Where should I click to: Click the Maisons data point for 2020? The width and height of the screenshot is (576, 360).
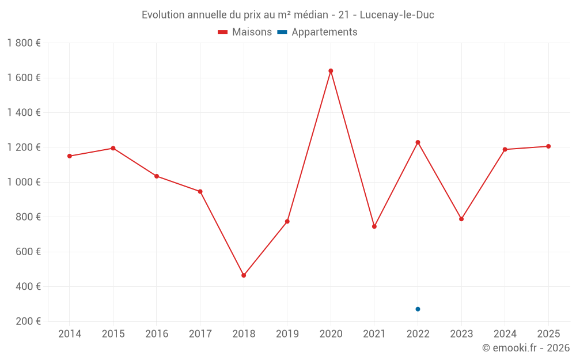[x=331, y=71]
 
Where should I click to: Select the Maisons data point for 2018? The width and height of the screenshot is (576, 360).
[x=244, y=275]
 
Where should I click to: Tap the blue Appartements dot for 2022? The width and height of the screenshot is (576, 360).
[x=418, y=309]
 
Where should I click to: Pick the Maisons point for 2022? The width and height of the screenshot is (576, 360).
[x=418, y=142]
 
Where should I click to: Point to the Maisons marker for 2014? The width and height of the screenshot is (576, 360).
[x=70, y=156]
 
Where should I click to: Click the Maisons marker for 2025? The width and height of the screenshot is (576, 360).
[x=548, y=146]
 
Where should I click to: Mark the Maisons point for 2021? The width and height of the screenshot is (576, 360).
[x=374, y=226]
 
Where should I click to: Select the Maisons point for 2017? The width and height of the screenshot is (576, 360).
[x=200, y=191]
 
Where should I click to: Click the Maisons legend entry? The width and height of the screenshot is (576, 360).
[x=245, y=32]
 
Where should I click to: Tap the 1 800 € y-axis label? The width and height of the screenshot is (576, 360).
[x=24, y=43]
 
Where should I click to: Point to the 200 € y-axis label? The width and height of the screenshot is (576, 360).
[x=27, y=321]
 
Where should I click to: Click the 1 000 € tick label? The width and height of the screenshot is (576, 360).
[x=24, y=182]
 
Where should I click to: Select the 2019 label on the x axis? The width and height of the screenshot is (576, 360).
[x=287, y=334]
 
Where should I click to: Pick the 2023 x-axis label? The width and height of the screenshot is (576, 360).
[x=461, y=334]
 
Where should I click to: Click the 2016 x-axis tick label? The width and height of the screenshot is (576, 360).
[x=157, y=334]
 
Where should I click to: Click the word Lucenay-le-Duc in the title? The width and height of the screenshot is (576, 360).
[x=397, y=15]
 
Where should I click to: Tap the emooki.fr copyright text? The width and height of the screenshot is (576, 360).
[x=526, y=348]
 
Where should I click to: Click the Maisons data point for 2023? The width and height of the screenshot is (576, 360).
[x=461, y=219]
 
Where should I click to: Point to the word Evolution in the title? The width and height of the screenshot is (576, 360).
[x=164, y=15]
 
